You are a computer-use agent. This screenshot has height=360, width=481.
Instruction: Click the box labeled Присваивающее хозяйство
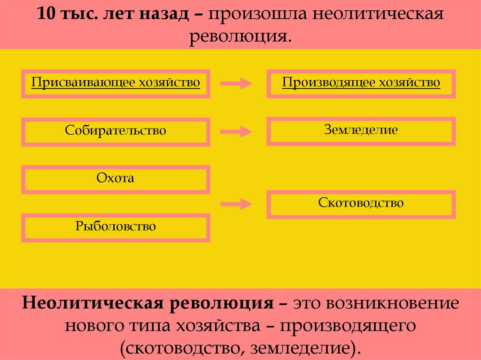click(116, 83)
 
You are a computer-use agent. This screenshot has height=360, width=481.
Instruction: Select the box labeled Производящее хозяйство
click(361, 83)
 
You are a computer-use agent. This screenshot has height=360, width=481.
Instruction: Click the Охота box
click(116, 178)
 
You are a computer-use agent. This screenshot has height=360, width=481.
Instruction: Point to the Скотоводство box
click(361, 204)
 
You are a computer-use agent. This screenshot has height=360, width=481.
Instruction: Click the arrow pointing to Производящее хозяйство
click(236, 84)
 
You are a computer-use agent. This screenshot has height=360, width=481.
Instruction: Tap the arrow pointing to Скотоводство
click(236, 204)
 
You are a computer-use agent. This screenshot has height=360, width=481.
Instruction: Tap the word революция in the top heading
click(240, 36)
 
